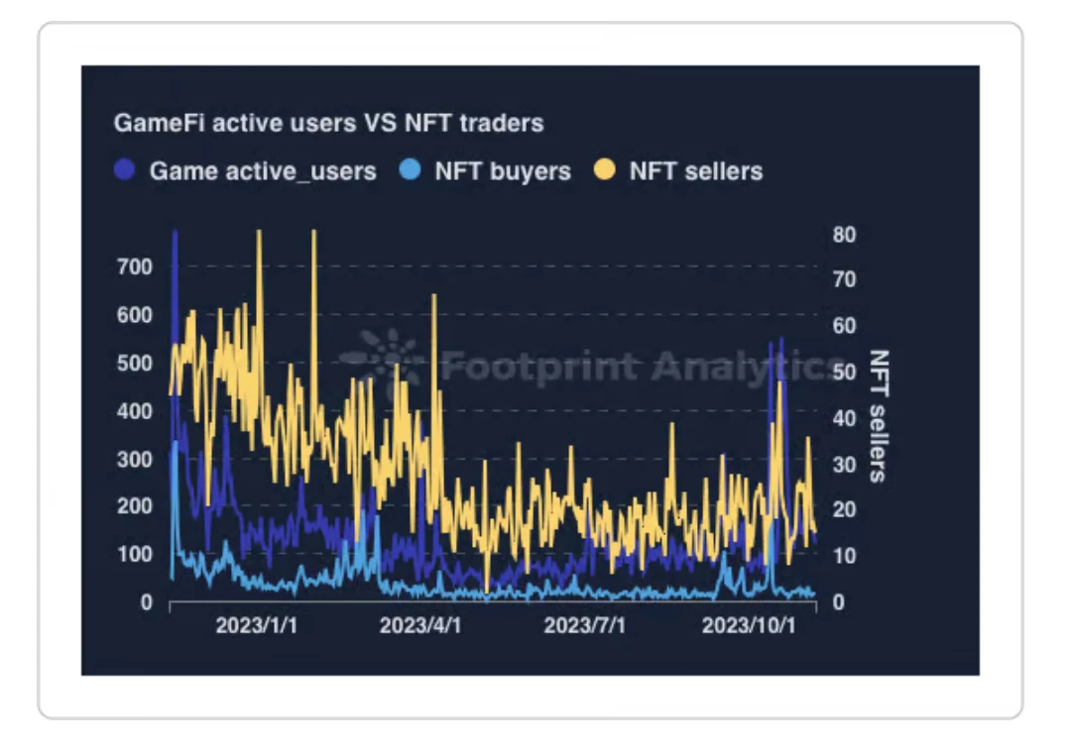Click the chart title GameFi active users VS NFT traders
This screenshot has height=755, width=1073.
pos(328,124)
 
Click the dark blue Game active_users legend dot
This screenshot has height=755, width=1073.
pos(125,170)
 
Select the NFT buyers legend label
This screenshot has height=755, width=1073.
pos(502,171)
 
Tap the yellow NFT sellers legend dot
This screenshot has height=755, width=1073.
pos(605,170)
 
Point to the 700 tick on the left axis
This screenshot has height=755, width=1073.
pos(135,267)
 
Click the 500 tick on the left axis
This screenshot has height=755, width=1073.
pos(135,363)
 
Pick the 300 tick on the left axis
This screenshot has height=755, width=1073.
pos(135,459)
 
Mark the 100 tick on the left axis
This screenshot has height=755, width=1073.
pos(135,554)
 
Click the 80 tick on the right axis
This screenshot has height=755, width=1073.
pos(844,235)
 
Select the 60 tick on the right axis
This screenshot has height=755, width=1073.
pos(844,326)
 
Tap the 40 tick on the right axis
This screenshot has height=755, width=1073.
pos(844,418)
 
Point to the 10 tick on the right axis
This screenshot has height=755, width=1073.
pos(844,556)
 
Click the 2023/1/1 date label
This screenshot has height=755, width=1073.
pos(256,627)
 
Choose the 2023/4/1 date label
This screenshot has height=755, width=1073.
pos(420,627)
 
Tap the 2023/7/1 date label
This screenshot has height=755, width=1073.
pos(585,627)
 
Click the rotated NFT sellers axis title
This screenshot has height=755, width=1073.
pos(878,415)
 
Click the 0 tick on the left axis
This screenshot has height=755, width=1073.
pos(147,602)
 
